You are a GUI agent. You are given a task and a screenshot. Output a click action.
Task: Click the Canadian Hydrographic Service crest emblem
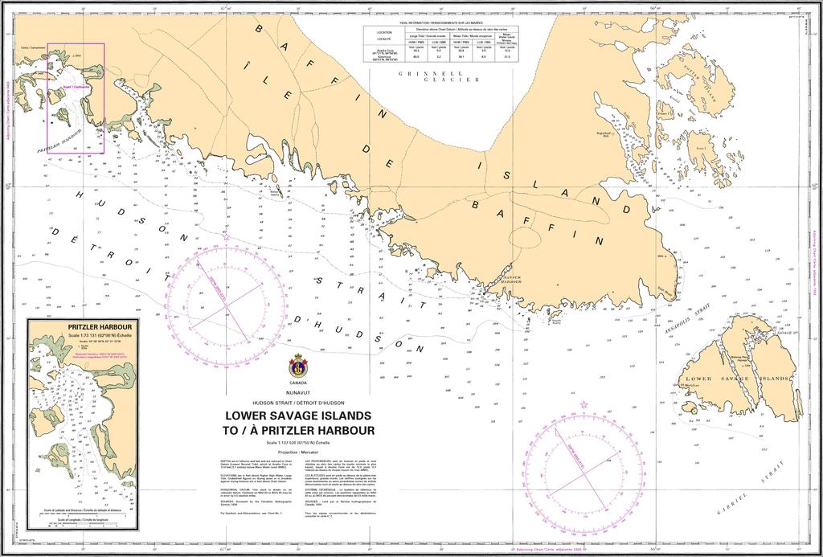[297, 366]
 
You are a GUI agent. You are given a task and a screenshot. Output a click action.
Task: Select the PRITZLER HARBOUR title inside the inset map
[83, 328]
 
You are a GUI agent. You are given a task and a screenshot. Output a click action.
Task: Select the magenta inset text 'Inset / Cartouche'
[76, 86]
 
